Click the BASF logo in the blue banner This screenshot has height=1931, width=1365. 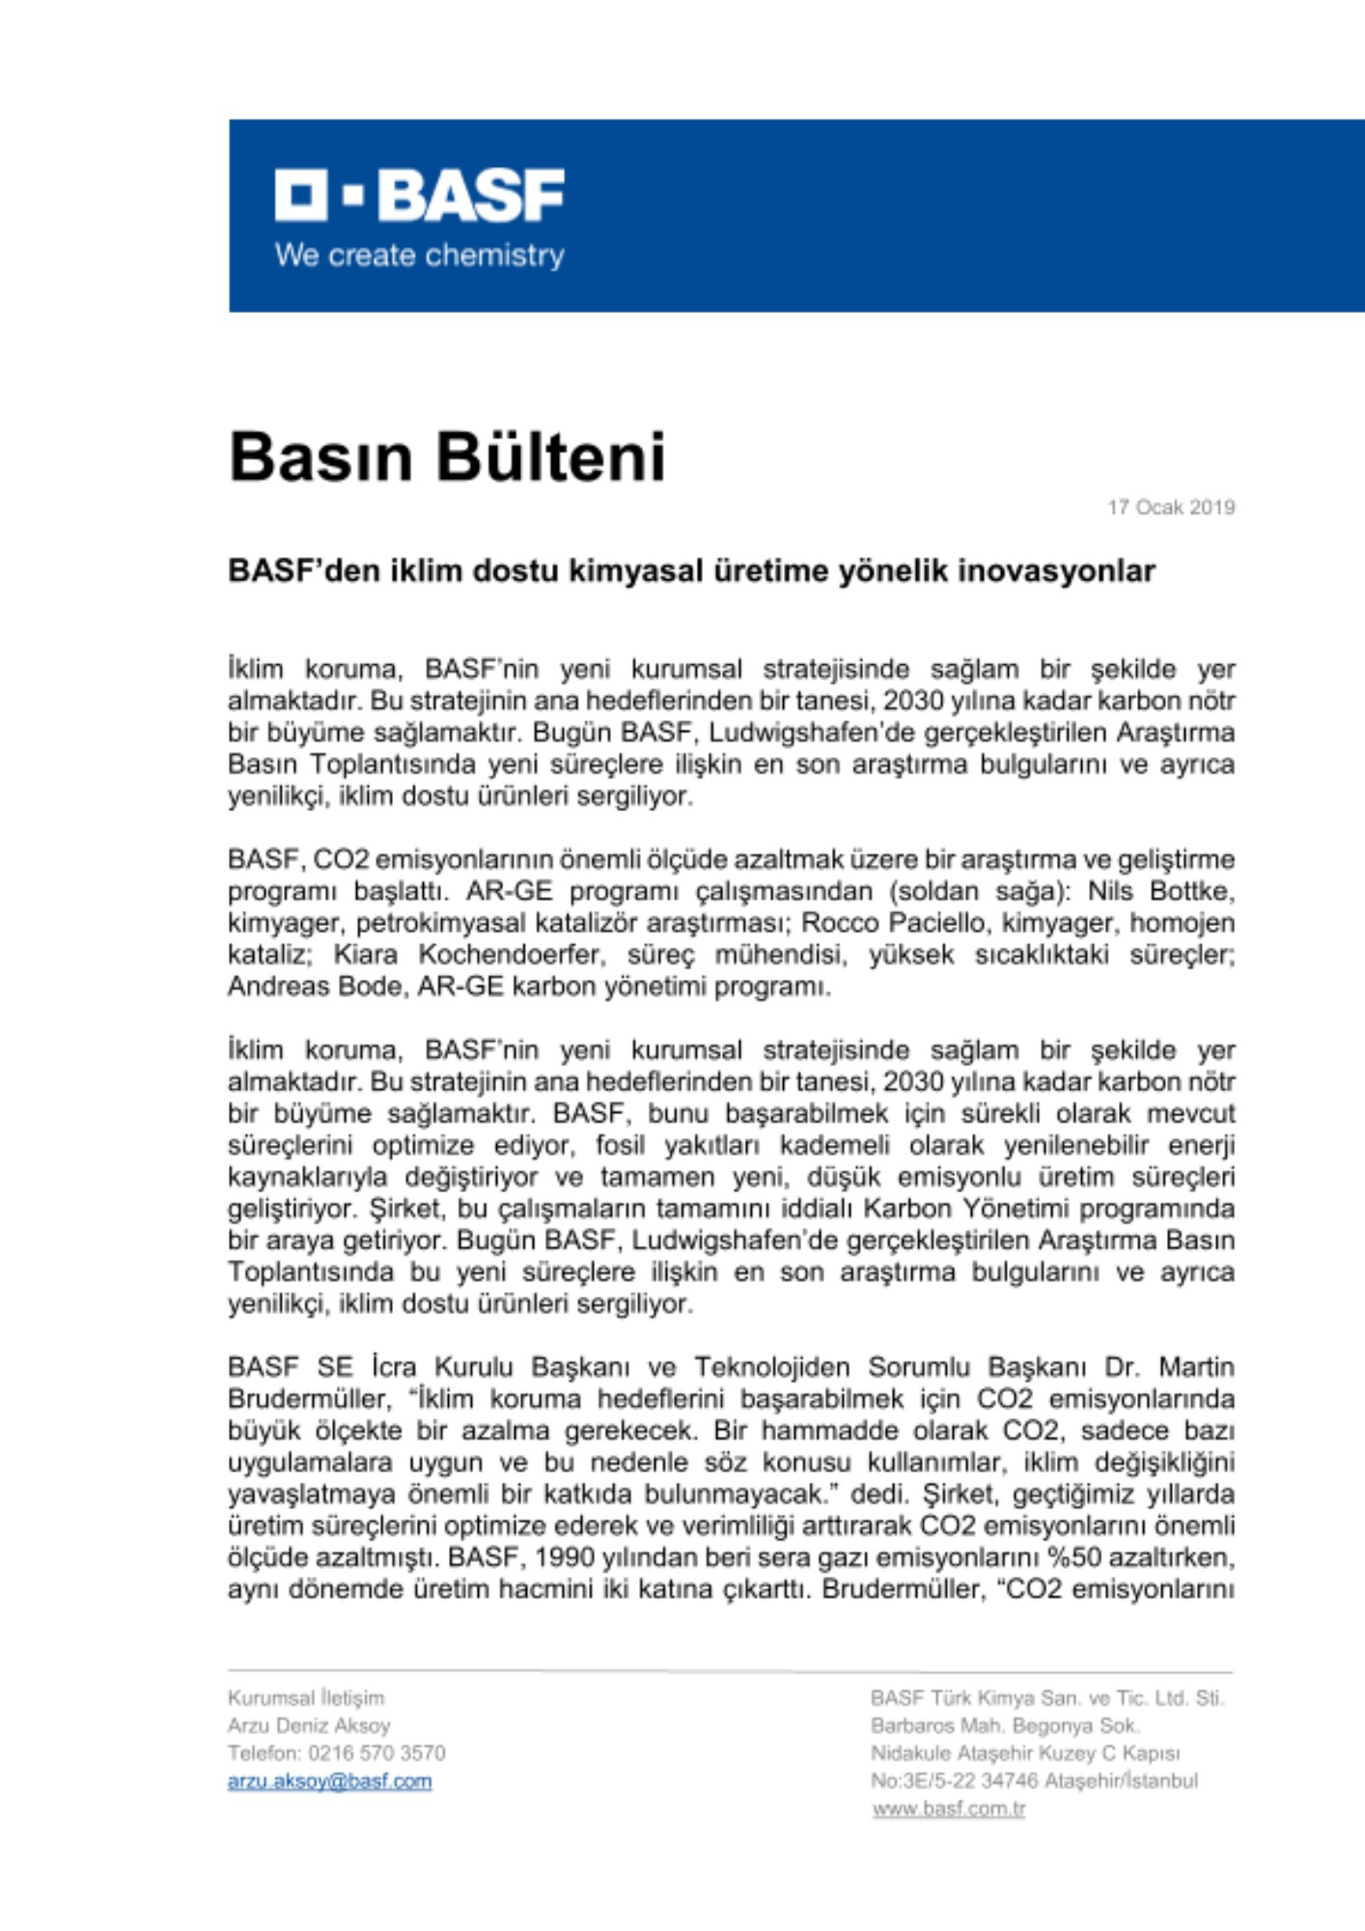(x=419, y=195)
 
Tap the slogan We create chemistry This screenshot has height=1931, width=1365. (x=419, y=256)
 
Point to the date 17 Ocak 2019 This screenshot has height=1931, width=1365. (x=1170, y=507)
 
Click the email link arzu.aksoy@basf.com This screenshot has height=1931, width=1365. (x=329, y=1781)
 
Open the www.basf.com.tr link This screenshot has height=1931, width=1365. (x=948, y=1808)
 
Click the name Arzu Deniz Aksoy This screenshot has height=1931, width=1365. (x=309, y=1725)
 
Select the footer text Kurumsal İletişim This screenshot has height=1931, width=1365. (x=305, y=1697)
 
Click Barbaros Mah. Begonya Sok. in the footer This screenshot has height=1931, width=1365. (x=1004, y=1725)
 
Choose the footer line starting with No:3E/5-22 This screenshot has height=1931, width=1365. (x=1034, y=1780)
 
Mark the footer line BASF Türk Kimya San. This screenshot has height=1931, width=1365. (x=1046, y=1697)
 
